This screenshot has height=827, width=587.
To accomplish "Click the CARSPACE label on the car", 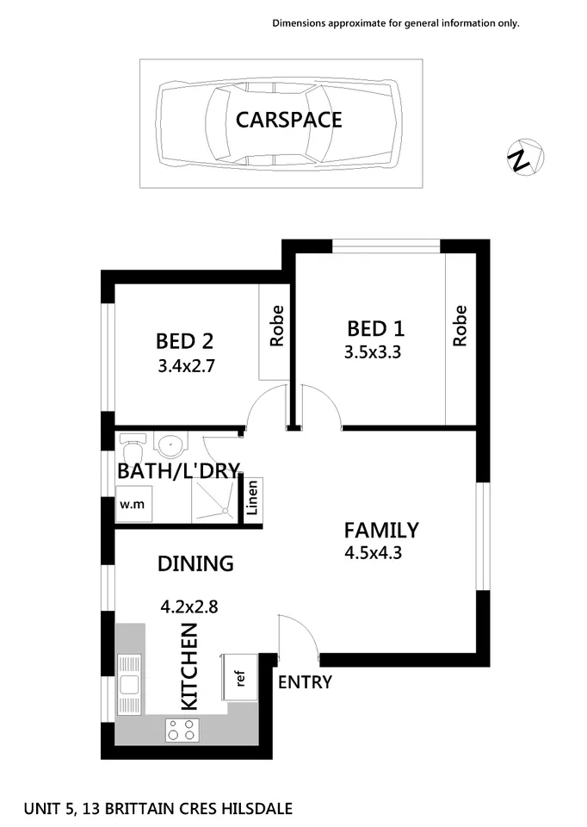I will coord(288,119).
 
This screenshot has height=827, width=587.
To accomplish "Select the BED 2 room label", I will coord(184,340).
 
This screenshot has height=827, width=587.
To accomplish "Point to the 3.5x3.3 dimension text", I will coord(374,351).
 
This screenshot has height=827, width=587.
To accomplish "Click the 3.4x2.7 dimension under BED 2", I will coord(185,365).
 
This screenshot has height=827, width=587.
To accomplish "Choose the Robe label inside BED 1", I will coord(460,326).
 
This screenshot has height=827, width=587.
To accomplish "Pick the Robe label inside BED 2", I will coord(276,326).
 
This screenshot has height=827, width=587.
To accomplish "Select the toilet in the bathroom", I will coord(133,448).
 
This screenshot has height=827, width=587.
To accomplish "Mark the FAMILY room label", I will coord(381,530).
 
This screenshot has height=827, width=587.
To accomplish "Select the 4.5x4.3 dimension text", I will coord(373,552).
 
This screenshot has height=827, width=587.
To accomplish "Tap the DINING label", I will coord(195,563).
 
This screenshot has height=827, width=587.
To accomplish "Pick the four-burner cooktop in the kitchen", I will coord(182,730).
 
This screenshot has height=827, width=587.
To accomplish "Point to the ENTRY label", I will coord(305,682).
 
